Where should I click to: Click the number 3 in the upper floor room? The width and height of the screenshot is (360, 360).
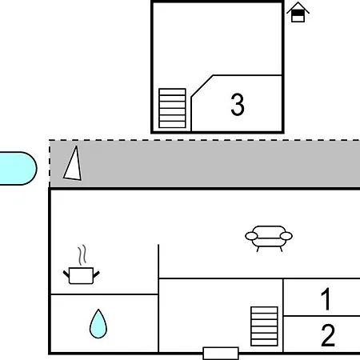(x=238, y=104)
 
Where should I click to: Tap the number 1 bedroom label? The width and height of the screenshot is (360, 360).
(x=326, y=299)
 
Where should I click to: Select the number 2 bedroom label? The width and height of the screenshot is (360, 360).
(x=328, y=335)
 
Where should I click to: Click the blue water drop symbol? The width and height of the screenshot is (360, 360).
(x=98, y=324)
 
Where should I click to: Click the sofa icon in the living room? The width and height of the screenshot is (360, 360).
(x=269, y=238)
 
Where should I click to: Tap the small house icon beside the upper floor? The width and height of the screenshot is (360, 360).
(x=298, y=12)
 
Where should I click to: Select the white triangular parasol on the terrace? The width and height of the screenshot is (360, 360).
(x=74, y=164)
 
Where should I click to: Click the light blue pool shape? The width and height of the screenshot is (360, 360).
(x=18, y=168)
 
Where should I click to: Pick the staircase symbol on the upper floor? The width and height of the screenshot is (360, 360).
(x=172, y=108)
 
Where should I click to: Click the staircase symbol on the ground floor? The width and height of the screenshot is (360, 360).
(x=264, y=326)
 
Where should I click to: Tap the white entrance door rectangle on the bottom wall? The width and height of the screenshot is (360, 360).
(x=221, y=353)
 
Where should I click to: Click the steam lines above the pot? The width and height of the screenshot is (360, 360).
(x=82, y=255)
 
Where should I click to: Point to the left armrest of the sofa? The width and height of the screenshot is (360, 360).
(x=251, y=236)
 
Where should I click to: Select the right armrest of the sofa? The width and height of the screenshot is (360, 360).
(x=286, y=236)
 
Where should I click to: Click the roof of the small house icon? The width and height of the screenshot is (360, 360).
(x=298, y=7)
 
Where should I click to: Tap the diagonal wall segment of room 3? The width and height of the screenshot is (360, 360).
(x=202, y=86)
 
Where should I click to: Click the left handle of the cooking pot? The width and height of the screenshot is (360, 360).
(x=66, y=274)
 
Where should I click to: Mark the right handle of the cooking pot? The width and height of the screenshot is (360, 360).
(x=96, y=274)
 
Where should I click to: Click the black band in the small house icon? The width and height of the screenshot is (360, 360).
(x=298, y=13)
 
